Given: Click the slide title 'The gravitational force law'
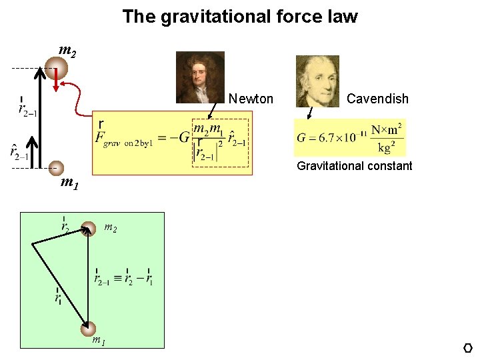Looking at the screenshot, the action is [x=240, y=17].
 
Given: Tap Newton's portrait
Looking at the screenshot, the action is [x=200, y=77].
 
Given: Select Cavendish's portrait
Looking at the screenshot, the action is [x=317, y=81].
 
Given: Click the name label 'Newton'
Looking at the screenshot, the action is [x=251, y=99].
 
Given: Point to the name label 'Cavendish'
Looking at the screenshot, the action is [x=377, y=99].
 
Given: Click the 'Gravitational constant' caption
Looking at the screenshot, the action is [x=355, y=166].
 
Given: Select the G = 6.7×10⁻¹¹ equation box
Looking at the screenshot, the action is [x=349, y=138].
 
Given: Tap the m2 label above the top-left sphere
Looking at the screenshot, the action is [x=67, y=50].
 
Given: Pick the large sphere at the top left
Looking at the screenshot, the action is [x=56, y=68].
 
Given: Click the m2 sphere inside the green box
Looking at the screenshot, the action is [x=87, y=230].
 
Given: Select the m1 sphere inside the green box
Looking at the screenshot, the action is [x=88, y=328].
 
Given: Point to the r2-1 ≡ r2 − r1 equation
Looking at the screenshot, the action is [x=123, y=279].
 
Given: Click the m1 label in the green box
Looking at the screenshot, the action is [x=98, y=341].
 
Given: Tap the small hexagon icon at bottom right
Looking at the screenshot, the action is [x=467, y=348].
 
